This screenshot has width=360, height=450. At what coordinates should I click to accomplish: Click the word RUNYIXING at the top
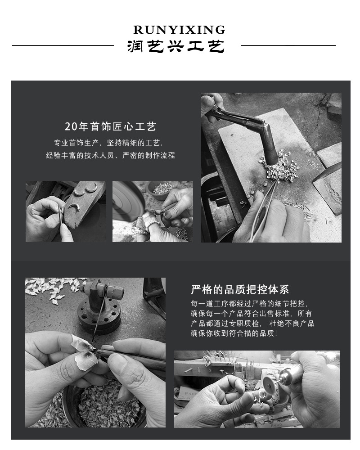[179, 30]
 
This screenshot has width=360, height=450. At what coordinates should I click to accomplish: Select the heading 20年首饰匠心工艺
[111, 126]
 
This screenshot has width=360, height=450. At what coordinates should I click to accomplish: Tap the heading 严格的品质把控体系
[240, 289]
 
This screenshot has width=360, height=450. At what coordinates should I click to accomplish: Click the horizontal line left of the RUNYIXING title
[63, 45]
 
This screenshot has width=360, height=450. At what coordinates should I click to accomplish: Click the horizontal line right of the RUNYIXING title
[288, 45]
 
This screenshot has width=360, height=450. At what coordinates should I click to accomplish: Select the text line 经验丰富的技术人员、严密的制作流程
[110, 156]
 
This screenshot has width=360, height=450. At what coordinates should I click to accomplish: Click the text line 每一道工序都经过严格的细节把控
[250, 304]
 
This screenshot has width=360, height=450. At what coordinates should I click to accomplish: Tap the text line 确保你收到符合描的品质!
[234, 333]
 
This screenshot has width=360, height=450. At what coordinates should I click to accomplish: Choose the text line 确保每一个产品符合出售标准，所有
[252, 314]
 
